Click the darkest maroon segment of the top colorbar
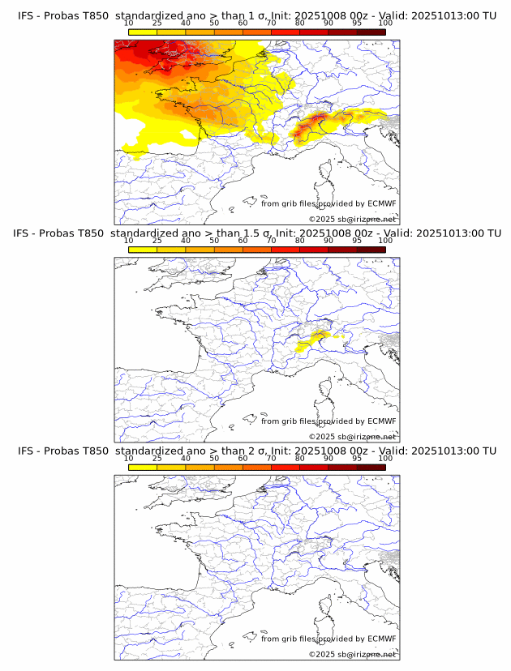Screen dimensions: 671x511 pyautogui.click(x=371, y=32)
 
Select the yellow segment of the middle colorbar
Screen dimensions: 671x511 pyautogui.click(x=142, y=249)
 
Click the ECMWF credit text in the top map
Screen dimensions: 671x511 pyautogui.click(x=328, y=204)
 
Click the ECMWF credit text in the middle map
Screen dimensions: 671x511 pyautogui.click(x=328, y=421)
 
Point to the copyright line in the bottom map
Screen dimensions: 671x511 pyautogui.click(x=353, y=654)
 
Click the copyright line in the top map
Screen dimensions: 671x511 pyautogui.click(x=353, y=219)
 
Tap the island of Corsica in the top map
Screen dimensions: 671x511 pyautogui.click(x=327, y=172)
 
